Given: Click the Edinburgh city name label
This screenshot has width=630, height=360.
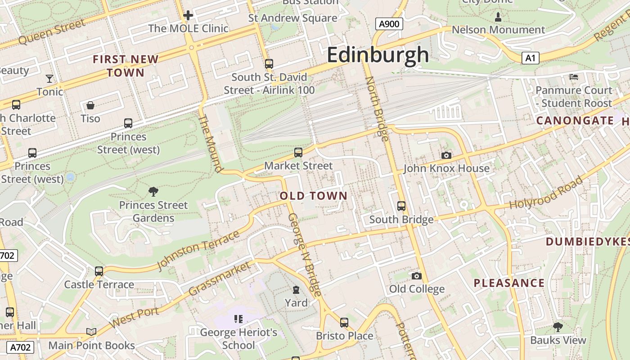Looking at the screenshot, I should pyautogui.click(x=378, y=55).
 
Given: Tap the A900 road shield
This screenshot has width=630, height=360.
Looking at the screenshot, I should pyautogui.click(x=389, y=24).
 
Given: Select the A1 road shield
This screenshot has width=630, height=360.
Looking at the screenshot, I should pyautogui.click(x=531, y=58).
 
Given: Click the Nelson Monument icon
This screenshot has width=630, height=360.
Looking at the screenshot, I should pyautogui.click(x=498, y=17).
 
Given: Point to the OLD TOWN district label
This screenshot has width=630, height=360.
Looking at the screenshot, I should pyautogui.click(x=314, y=196).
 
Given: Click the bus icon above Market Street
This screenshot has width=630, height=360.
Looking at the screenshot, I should pyautogui.click(x=298, y=153).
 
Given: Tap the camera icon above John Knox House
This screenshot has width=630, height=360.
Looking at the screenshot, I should pyautogui.click(x=446, y=155).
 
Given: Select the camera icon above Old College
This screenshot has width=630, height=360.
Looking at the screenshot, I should pyautogui.click(x=417, y=275).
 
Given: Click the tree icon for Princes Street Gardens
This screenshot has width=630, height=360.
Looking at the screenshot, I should pyautogui.click(x=153, y=192).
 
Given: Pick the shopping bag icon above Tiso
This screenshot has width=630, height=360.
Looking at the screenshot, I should pyautogui.click(x=90, y=105).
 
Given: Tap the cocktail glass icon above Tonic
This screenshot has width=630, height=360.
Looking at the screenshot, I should pyautogui.click(x=49, y=79).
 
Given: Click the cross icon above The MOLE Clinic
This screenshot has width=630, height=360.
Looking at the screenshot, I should pyautogui.click(x=188, y=15).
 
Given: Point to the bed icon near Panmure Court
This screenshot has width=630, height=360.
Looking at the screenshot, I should pyautogui.click(x=574, y=77).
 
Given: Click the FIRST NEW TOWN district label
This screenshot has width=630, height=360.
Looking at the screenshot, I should pyautogui.click(x=126, y=66).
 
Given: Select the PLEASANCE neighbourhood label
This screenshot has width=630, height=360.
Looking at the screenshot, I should pyautogui.click(x=509, y=283).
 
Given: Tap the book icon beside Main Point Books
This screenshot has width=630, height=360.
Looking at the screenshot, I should pyautogui.click(x=91, y=332).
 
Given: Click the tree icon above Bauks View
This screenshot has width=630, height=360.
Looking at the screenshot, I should pyautogui.click(x=558, y=327).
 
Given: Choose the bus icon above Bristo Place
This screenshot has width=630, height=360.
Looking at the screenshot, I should pyautogui.click(x=344, y=322).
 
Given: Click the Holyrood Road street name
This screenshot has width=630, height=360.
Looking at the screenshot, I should pyautogui.click(x=545, y=193).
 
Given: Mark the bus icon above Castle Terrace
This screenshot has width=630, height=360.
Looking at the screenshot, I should pyautogui.click(x=99, y=271).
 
